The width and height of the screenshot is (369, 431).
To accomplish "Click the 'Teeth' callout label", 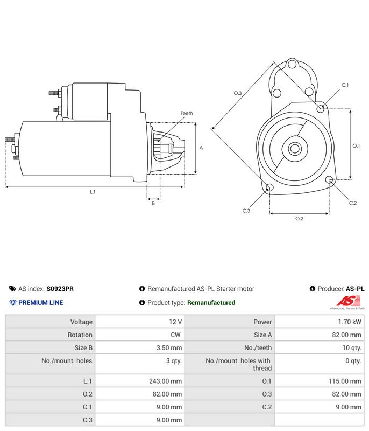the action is (x=187, y=113).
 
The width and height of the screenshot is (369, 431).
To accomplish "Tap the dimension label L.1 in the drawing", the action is (x=93, y=192).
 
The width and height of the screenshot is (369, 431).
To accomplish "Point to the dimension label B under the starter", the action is (x=153, y=203).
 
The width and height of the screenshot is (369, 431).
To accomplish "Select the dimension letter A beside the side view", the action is (x=201, y=148).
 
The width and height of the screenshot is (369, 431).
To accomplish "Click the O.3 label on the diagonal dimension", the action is (x=238, y=93).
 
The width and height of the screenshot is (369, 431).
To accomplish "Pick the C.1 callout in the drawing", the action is (x=345, y=85).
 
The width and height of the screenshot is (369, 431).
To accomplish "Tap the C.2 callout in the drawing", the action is (x=353, y=203).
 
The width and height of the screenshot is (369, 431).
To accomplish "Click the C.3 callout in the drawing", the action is (x=246, y=211).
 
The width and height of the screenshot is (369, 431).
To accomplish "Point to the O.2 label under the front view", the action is (x=299, y=219).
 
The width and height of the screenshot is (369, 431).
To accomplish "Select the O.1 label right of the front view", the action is (x=356, y=145).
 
